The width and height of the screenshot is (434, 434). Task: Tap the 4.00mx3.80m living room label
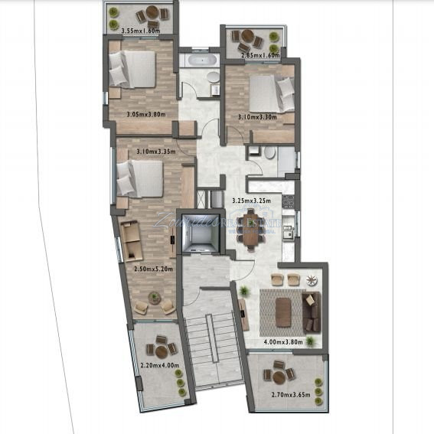click(x=283, y=341)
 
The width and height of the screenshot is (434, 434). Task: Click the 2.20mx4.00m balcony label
click(x=159, y=365)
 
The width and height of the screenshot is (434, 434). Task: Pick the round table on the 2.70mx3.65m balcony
click(x=279, y=376)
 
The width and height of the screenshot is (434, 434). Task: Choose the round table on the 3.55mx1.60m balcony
click(x=152, y=14)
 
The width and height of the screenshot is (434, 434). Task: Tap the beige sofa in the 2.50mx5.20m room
click(x=132, y=239)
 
